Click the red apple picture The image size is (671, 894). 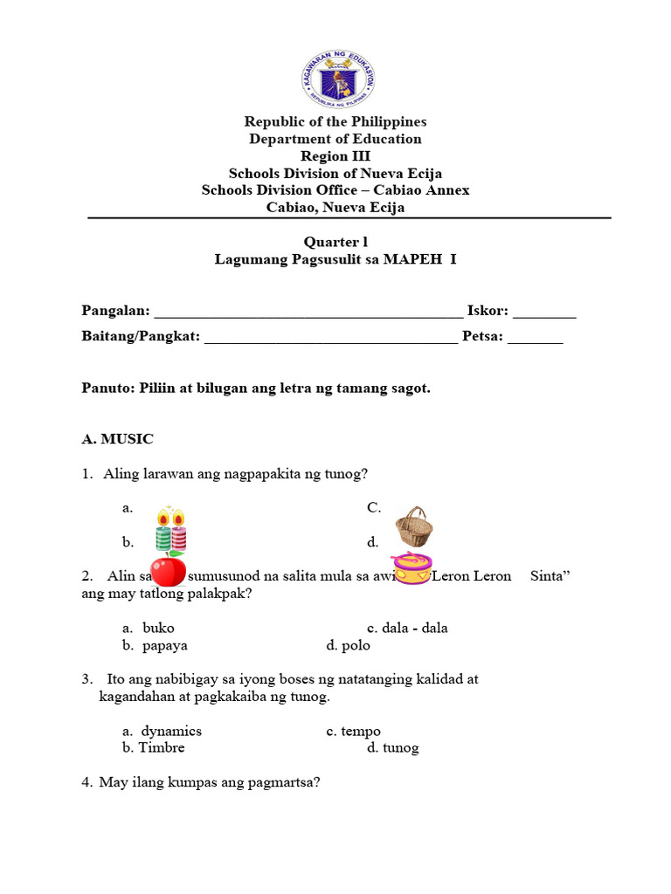click(x=168, y=570)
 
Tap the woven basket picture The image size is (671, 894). click(x=412, y=526)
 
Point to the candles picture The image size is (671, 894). click(x=171, y=527)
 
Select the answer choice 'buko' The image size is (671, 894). click(x=158, y=628)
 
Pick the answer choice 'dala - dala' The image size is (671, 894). click(x=414, y=628)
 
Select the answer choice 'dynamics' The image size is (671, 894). click(x=171, y=731)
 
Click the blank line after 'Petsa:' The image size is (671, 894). click(x=535, y=340)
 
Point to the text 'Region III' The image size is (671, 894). click(x=335, y=156)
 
